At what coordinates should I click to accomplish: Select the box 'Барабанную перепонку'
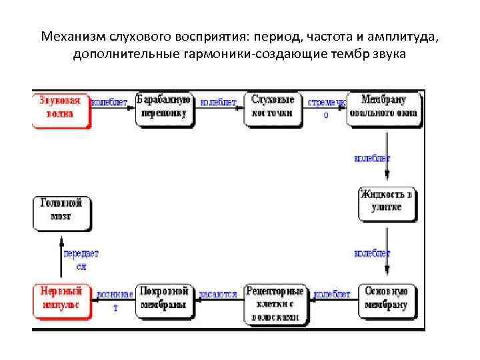click(x=164, y=108)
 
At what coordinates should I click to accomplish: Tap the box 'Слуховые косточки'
click(x=273, y=108)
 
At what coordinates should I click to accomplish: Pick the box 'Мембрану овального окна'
click(x=383, y=108)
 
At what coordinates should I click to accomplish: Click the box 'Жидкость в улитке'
click(x=387, y=202)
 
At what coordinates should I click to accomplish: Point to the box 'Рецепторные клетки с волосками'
click(x=275, y=304)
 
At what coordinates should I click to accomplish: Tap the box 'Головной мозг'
click(x=61, y=211)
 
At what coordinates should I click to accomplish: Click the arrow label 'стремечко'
click(x=326, y=107)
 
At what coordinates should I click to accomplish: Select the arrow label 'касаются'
click(x=219, y=294)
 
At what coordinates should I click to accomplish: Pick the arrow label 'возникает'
click(x=114, y=299)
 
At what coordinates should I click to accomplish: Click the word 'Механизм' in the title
click(x=72, y=35)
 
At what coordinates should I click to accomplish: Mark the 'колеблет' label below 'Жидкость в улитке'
click(x=372, y=254)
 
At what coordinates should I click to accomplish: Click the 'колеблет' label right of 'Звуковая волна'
click(x=109, y=102)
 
